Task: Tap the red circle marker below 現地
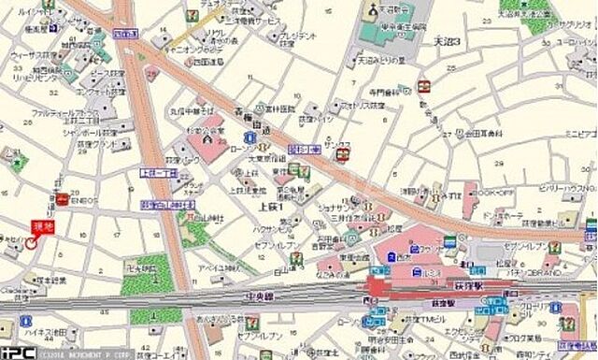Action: (x=32, y=242)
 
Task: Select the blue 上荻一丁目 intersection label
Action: (x=158, y=174)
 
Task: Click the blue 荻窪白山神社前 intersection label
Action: (x=164, y=204)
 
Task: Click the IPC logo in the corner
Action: (x=16, y=353)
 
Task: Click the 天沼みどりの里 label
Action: (x=380, y=60)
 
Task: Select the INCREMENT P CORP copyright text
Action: (x=77, y=354)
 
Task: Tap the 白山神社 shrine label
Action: (x=199, y=216)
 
